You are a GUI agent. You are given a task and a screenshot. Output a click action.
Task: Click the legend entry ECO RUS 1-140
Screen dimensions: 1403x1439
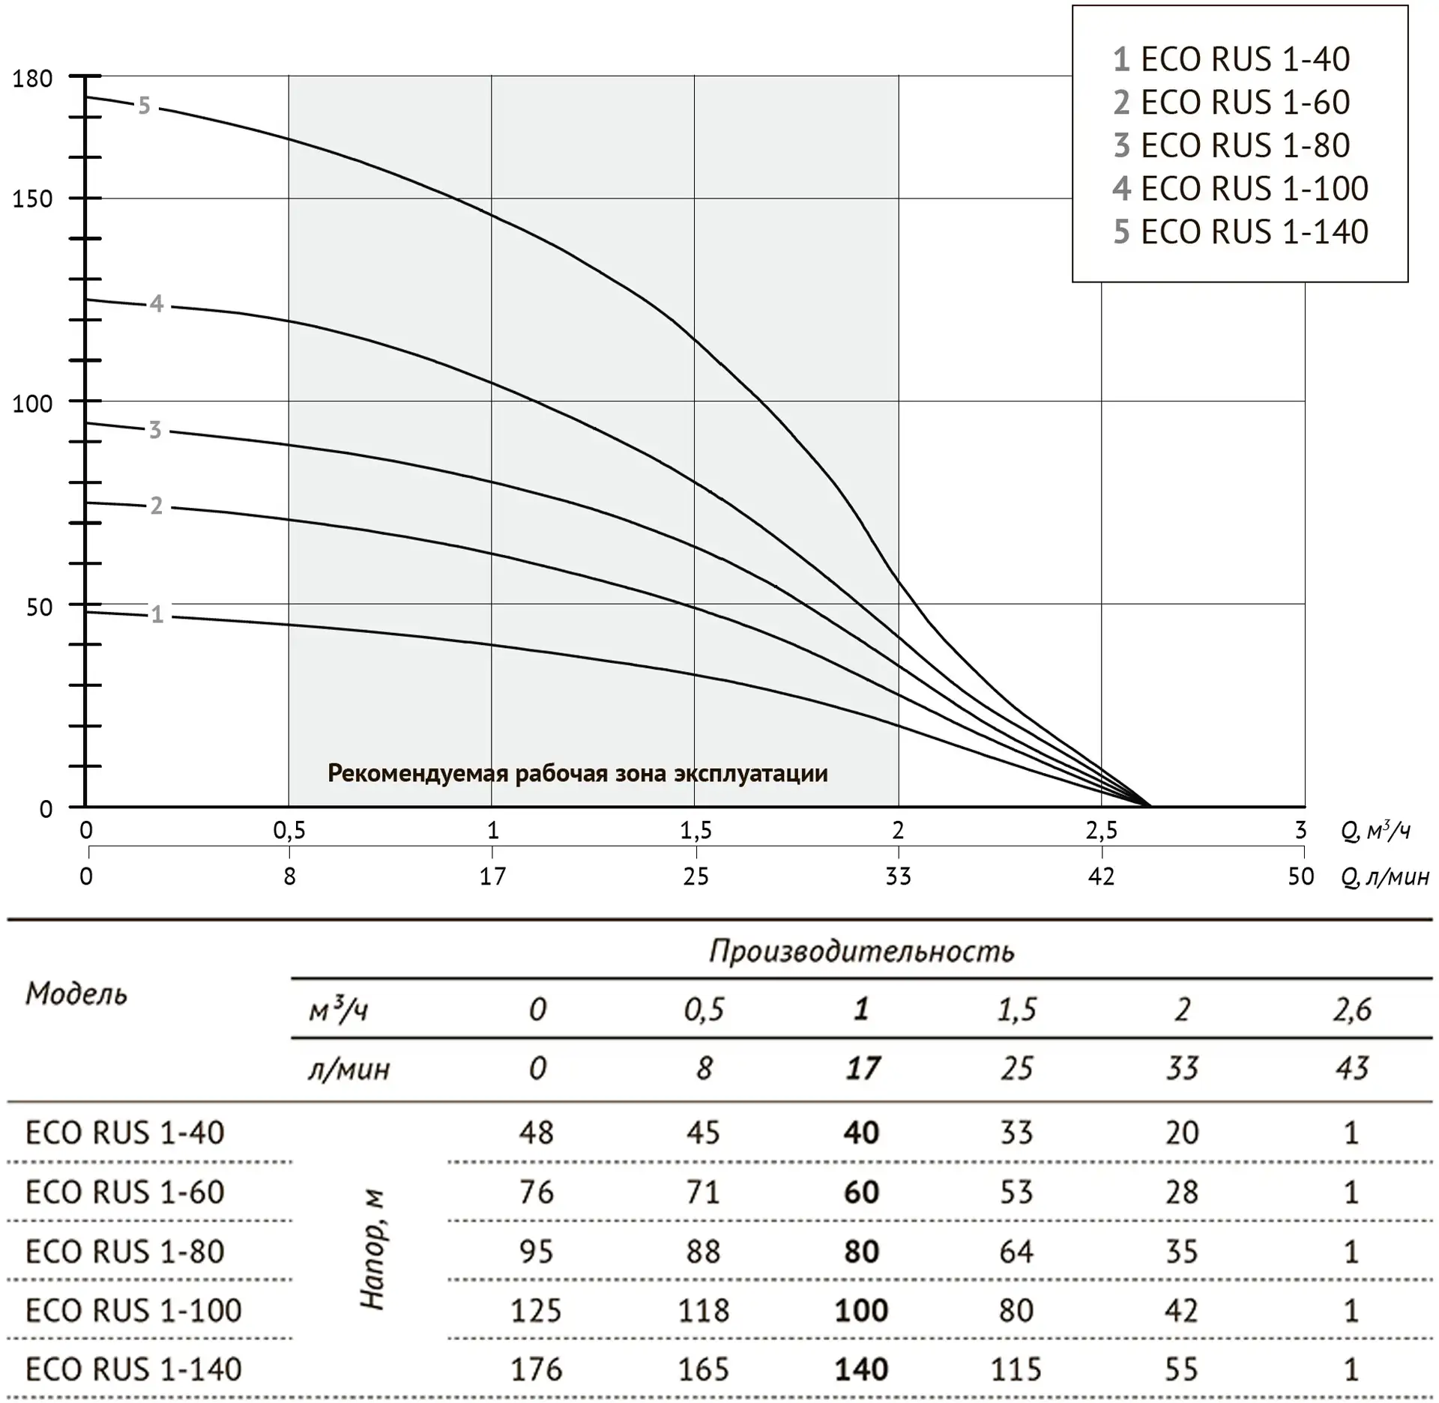(1240, 231)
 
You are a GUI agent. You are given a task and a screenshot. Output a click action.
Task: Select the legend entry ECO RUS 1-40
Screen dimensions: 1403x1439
(1231, 59)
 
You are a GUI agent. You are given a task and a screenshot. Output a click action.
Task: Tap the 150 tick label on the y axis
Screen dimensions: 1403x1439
(32, 199)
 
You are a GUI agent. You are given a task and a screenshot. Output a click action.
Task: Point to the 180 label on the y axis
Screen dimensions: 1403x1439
(32, 79)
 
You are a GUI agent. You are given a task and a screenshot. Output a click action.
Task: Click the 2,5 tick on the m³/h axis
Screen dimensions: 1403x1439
(1101, 830)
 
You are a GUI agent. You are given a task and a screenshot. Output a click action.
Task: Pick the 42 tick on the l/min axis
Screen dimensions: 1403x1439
(1101, 876)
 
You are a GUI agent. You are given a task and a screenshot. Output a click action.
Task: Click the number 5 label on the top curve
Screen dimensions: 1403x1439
(144, 106)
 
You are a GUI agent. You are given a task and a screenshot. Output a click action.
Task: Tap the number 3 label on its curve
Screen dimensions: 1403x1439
(154, 430)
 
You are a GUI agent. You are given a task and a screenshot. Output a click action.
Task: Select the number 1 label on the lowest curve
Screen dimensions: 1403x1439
(156, 614)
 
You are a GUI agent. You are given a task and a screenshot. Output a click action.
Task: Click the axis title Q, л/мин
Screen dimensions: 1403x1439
(1384, 876)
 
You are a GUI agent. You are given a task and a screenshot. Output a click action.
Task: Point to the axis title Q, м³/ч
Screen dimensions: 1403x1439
(1375, 831)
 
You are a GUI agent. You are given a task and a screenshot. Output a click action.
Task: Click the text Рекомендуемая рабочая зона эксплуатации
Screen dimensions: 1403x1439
(578, 773)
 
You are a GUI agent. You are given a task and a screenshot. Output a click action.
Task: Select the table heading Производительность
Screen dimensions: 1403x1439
(861, 951)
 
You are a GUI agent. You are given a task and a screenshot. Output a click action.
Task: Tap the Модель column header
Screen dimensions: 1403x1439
(76, 994)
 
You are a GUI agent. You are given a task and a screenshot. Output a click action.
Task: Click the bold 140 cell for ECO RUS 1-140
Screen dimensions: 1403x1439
(861, 1369)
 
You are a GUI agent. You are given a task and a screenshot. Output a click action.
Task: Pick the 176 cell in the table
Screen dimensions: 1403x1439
(536, 1369)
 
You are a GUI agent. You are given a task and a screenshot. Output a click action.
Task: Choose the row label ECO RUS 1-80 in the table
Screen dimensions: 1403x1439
(124, 1251)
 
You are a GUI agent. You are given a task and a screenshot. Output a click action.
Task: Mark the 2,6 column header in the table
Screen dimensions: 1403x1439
(1351, 1010)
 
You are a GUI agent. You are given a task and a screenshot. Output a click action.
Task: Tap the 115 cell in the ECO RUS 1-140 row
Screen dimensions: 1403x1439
(1016, 1369)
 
